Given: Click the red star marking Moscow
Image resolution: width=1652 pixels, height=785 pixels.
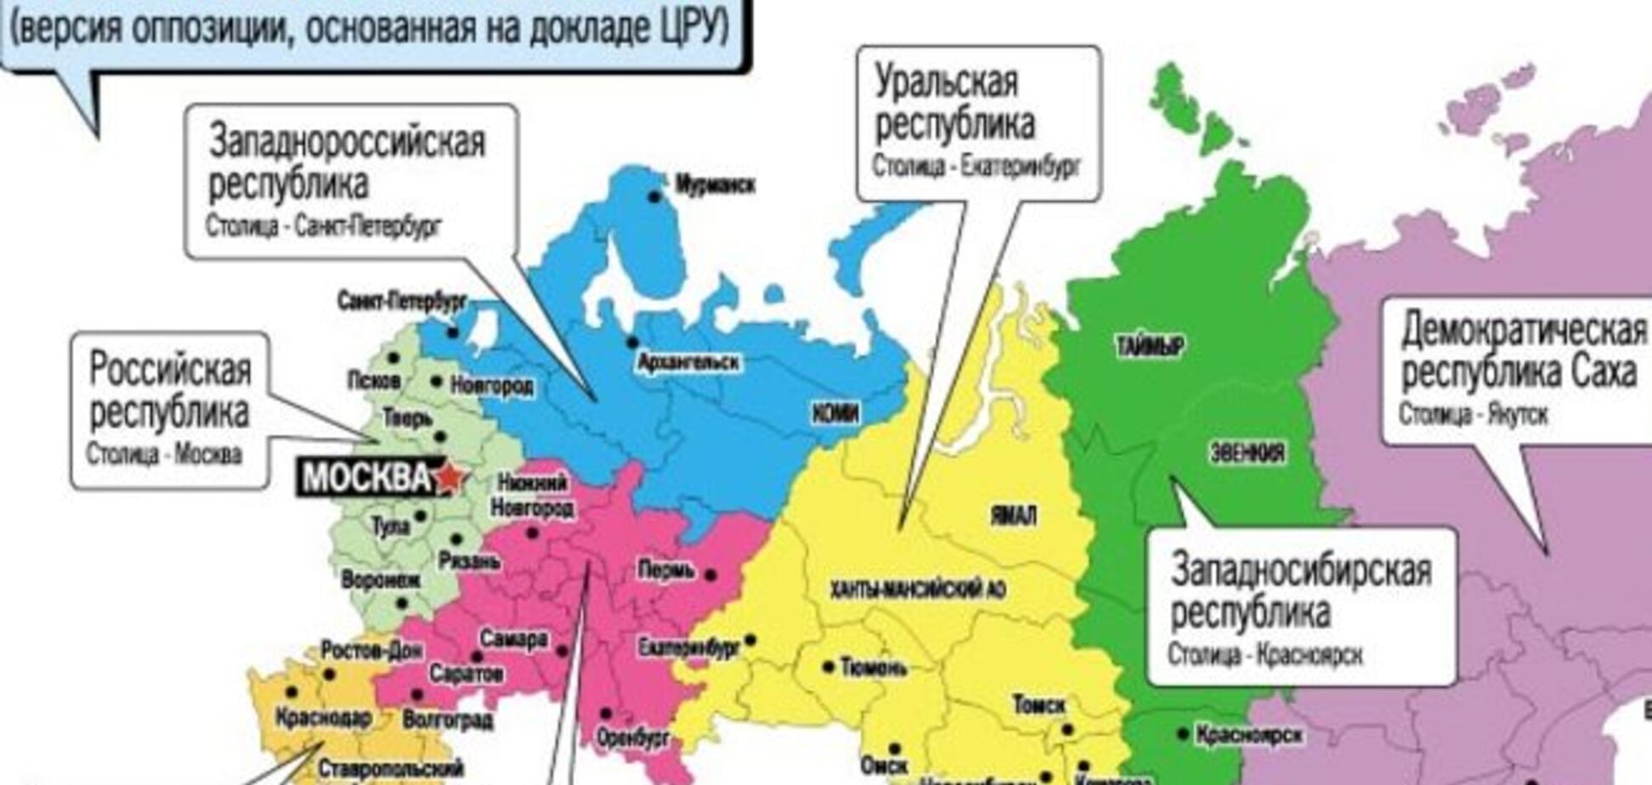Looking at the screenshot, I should pyautogui.click(x=450, y=477).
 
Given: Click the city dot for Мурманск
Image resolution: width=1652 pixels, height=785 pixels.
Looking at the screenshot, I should pyautogui.click(x=654, y=196).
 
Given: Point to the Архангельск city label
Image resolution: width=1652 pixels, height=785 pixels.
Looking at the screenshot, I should pyautogui.click(x=688, y=363).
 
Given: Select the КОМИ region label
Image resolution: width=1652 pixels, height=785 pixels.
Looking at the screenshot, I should pyautogui.click(x=835, y=414).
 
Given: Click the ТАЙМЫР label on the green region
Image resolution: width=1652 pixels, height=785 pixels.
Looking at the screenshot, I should pyautogui.click(x=1149, y=346).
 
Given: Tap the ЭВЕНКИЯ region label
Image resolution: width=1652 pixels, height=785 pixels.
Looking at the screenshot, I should pyautogui.click(x=1247, y=453).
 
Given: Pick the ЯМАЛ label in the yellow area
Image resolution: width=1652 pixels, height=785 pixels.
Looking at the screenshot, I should pyautogui.click(x=1013, y=516).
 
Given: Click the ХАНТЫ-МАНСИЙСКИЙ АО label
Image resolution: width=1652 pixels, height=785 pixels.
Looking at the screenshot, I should pyautogui.click(x=918, y=589).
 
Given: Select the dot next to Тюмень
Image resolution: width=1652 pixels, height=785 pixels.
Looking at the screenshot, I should pyautogui.click(x=829, y=668).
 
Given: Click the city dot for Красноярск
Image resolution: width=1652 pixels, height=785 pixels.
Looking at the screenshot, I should pyautogui.click(x=1182, y=733).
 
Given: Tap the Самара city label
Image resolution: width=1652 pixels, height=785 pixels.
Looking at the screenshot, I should pyautogui.click(x=513, y=639).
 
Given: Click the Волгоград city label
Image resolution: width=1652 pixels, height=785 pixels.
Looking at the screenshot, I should pyautogui.click(x=447, y=720).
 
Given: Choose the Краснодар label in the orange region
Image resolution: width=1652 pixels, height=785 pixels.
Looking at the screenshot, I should pyautogui.click(x=323, y=719).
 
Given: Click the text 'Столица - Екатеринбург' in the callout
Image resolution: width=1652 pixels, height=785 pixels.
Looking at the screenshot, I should pyautogui.click(x=976, y=166).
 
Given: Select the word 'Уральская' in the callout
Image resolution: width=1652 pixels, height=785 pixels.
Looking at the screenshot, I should pyautogui.click(x=946, y=83).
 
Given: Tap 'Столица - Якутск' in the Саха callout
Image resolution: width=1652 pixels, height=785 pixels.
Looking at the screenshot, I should pyautogui.click(x=1474, y=415).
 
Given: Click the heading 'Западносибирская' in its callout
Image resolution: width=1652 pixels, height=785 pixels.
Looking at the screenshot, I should pyautogui.click(x=1300, y=570).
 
